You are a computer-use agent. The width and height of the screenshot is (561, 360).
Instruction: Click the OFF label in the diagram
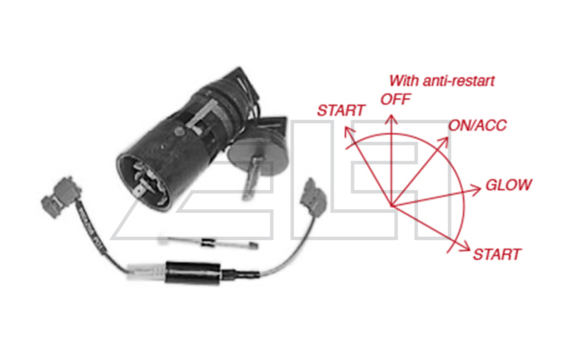tap(396, 99)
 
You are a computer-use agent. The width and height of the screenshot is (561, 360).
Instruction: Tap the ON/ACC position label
tap(477, 126)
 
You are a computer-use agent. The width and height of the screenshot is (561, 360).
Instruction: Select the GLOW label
tap(508, 185)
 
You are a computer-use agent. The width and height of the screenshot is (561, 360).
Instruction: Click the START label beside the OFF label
tap(341, 111)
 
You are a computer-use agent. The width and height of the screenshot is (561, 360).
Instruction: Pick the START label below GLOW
tap(496, 254)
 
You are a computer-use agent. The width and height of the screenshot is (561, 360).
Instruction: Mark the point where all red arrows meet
tap(391, 206)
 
